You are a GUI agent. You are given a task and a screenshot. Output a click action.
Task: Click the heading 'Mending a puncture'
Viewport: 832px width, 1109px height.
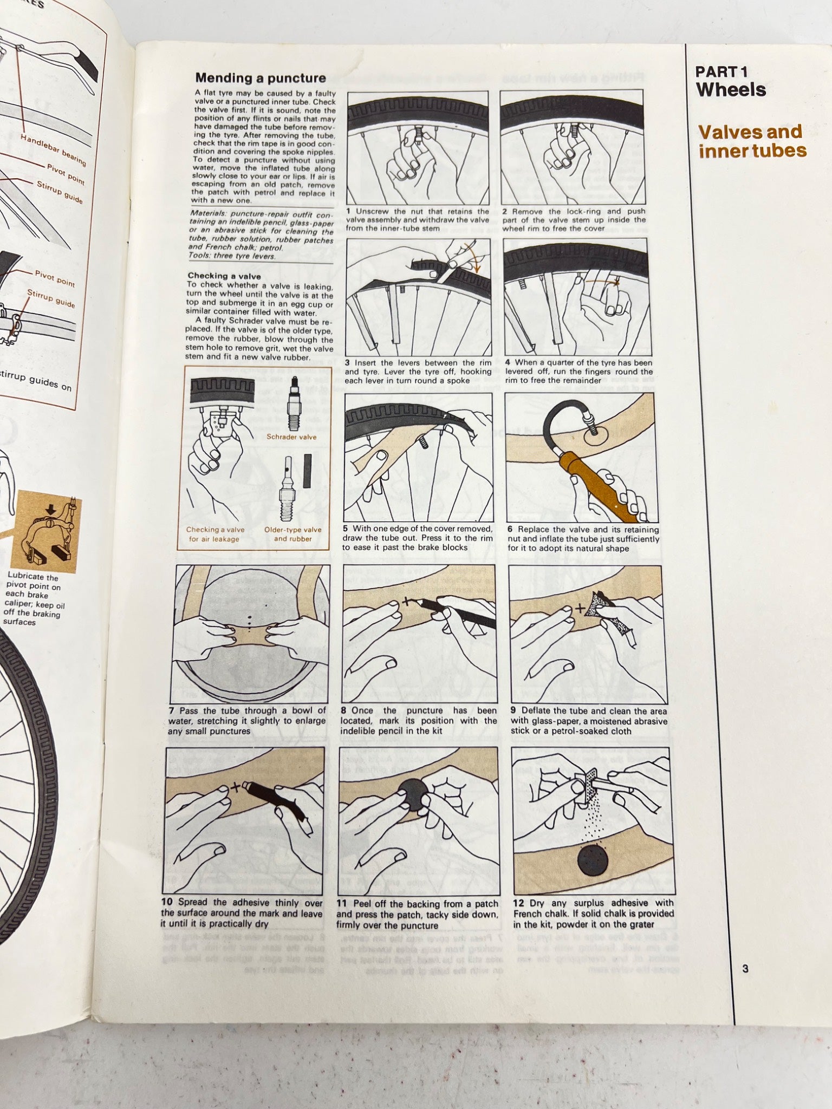[260, 78]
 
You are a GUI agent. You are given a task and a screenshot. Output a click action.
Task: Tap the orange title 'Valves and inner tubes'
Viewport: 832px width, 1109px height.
[751, 141]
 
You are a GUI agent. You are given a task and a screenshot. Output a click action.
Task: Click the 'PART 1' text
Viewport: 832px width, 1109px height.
[720, 71]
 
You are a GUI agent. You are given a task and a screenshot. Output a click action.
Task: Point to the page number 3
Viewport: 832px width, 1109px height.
[745, 969]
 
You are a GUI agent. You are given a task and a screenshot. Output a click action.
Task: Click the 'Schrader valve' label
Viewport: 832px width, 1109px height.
[291, 437]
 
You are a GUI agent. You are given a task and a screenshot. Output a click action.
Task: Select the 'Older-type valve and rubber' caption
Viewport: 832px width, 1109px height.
[292, 534]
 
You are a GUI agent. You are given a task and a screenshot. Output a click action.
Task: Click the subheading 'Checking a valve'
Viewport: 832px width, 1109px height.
[224, 276]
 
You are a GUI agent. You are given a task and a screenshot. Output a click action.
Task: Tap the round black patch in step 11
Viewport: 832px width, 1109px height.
[413, 794]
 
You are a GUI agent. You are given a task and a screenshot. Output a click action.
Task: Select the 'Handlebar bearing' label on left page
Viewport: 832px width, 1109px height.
[53, 149]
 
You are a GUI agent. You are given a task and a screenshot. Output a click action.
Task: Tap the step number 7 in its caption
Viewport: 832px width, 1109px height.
[172, 711]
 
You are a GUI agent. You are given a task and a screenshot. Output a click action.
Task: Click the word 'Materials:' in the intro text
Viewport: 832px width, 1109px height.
[208, 214]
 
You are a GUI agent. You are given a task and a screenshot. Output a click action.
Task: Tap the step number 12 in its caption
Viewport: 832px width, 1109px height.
[518, 903]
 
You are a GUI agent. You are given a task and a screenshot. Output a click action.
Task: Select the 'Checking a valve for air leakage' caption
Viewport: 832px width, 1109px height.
[215, 534]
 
